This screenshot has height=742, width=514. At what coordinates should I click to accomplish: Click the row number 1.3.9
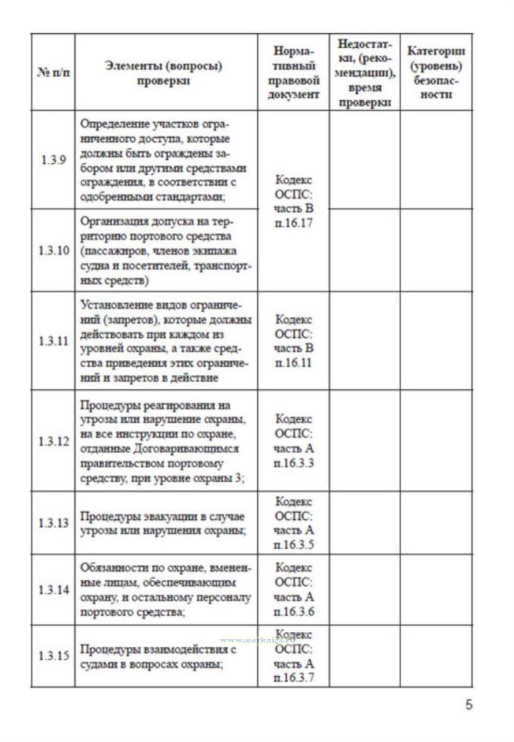point(53,160)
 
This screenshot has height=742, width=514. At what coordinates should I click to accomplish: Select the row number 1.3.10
point(53,250)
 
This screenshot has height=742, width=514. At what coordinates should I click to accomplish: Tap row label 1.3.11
point(53,341)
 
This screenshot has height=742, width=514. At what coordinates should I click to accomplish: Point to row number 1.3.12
point(53,441)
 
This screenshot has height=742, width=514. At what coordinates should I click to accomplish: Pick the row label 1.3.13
point(53,523)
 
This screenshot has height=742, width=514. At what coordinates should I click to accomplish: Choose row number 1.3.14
point(53,590)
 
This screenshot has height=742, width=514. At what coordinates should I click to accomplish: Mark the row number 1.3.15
point(53,656)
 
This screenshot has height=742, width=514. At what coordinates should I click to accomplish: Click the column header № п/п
point(53,73)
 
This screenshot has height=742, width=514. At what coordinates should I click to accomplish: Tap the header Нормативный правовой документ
point(294,73)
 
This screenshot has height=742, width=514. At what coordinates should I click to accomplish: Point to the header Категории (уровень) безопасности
point(436,73)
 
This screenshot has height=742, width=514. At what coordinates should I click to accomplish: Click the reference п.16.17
point(294,224)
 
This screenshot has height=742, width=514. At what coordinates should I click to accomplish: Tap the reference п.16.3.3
point(294,463)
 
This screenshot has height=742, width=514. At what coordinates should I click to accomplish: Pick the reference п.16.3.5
point(294,545)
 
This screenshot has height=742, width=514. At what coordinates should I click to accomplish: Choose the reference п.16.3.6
point(294,612)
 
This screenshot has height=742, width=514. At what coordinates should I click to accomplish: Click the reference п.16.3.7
point(294,678)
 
